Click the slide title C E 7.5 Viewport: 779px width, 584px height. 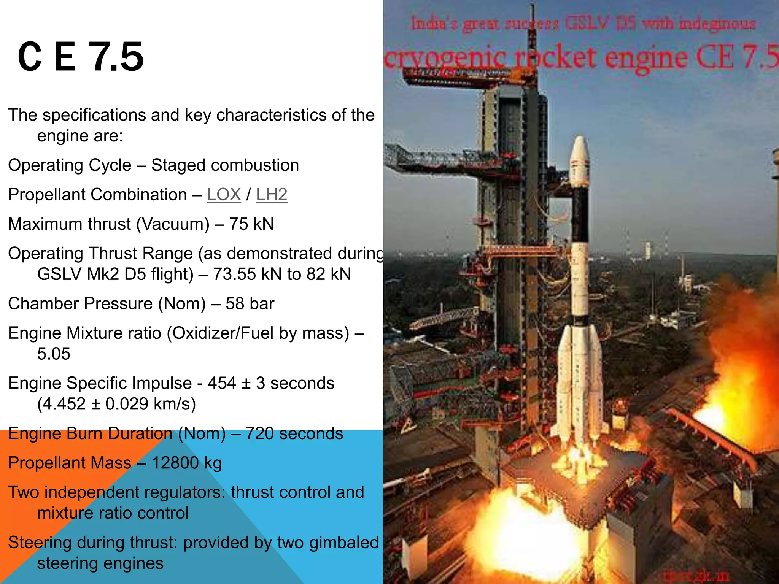click(81, 57)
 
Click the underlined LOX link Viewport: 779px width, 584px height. click(224, 195)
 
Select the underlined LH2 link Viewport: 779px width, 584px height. click(271, 195)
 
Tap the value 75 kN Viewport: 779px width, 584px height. click(251, 224)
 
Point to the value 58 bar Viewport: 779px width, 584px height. click(250, 304)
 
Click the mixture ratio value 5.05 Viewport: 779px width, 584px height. click(54, 354)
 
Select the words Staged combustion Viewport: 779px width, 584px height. click(225, 165)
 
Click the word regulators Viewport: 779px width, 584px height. click(185, 492)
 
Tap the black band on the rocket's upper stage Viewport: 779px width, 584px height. click(580, 213)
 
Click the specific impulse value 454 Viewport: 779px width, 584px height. click(222, 383)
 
